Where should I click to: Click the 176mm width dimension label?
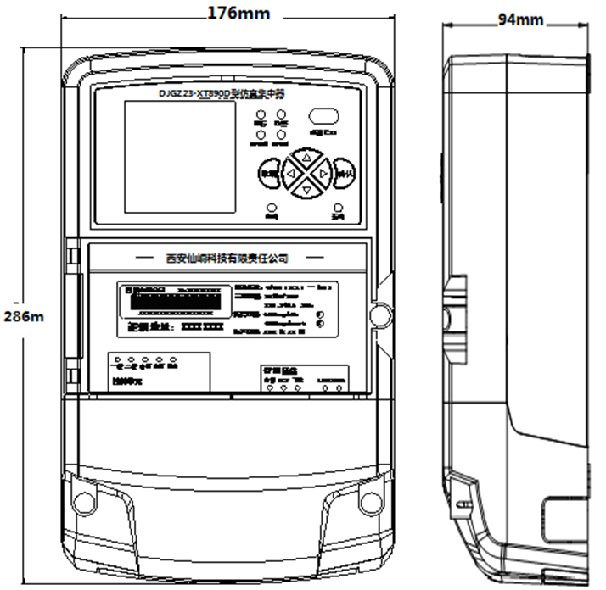[238, 12]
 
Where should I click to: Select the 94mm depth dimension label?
[519, 19]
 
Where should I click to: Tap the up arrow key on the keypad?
[306, 157]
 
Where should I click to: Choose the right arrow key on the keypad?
[323, 174]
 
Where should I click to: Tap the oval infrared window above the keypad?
[323, 116]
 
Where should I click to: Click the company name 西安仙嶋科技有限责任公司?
[227, 257]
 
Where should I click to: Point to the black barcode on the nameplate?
[177, 300]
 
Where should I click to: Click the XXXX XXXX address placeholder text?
[203, 326]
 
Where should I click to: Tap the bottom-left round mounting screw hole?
[83, 501]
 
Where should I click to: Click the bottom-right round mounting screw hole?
[370, 501]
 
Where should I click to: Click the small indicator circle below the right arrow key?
[339, 208]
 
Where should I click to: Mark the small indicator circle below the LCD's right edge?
[272, 208]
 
